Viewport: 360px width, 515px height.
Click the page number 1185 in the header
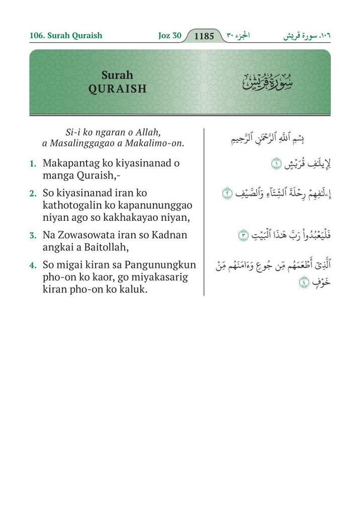(204, 36)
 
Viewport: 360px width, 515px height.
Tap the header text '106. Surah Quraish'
(66, 36)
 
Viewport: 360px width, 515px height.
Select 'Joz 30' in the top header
(169, 36)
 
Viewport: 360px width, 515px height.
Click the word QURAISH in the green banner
(117, 89)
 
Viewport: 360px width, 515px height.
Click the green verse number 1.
(32, 163)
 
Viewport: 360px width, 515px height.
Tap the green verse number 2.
(32, 193)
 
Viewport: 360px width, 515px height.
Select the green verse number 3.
(32, 235)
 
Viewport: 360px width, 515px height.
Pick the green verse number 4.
(32, 265)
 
